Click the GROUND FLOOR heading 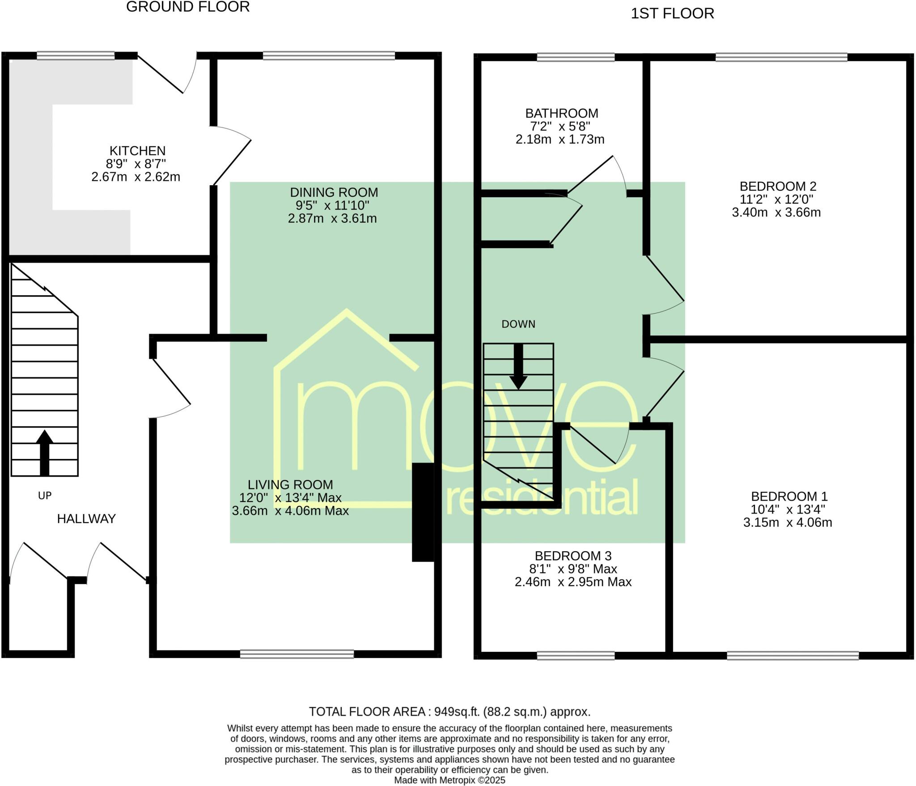[188, 7]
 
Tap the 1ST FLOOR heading [672, 14]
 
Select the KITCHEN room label [137, 151]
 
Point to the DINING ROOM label [334, 192]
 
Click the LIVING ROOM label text [290, 484]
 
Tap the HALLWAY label [86, 518]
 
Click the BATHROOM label [561, 113]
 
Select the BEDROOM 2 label [778, 186]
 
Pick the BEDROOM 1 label [789, 496]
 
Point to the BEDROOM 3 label [573, 556]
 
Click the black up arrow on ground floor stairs [44, 452]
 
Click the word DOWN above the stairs [518, 324]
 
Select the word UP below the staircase [45, 496]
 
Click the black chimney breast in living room [423, 512]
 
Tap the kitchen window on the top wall [75, 55]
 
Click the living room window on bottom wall [297, 654]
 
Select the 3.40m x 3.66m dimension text [776, 212]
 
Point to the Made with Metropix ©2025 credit [449, 780]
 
